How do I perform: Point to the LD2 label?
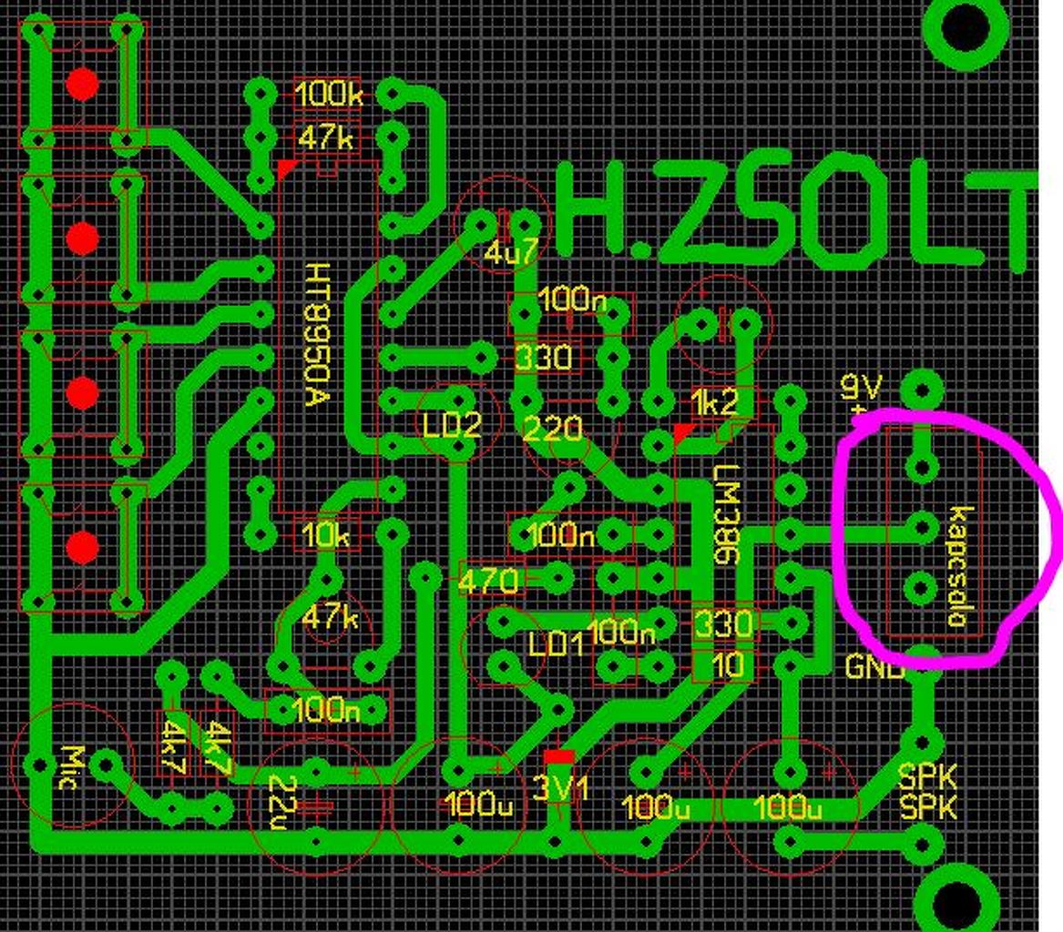452,424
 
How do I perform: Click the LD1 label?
556,644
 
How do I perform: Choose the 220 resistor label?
555,428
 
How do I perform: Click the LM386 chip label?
728,515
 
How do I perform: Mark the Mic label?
70,766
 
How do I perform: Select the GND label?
874,667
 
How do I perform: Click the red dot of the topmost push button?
82,85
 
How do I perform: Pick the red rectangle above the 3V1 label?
558,757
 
